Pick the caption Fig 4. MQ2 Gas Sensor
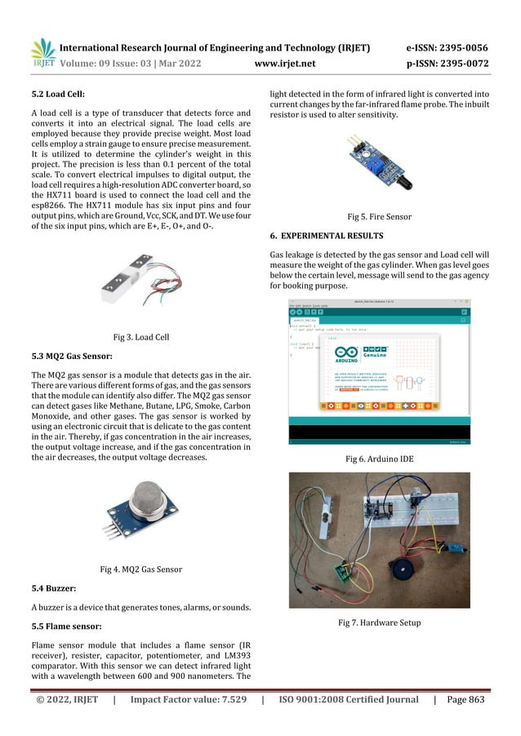(140, 569)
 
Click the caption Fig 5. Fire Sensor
(380, 217)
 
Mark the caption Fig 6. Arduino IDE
(380, 459)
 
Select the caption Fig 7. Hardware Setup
(380, 623)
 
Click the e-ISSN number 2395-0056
(464, 48)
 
